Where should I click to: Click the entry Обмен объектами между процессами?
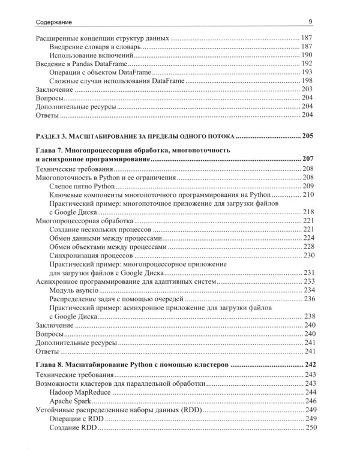105,247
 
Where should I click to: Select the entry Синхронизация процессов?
88,256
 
